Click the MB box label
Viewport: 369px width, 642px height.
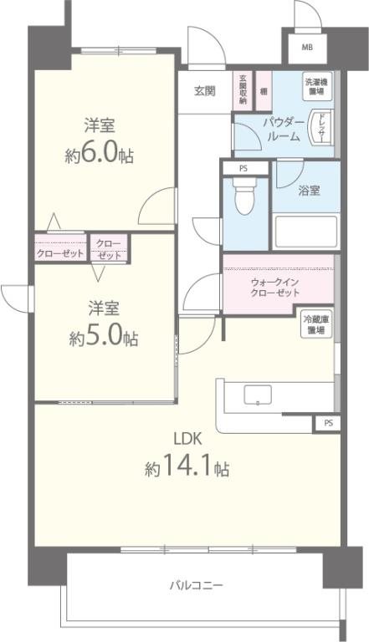point(307,48)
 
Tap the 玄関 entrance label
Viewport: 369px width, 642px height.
point(206,90)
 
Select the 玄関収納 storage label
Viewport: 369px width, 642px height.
point(243,89)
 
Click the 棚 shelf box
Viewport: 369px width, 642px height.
point(264,90)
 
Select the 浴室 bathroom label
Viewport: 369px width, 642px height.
point(308,190)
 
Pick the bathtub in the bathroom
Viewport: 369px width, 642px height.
point(306,231)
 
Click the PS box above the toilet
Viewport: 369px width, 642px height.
point(243,168)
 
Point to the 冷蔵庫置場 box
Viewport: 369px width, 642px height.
point(317,324)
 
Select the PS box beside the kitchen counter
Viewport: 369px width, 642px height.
point(327,424)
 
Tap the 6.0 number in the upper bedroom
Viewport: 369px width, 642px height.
point(110,155)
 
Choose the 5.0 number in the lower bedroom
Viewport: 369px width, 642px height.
point(113,338)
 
